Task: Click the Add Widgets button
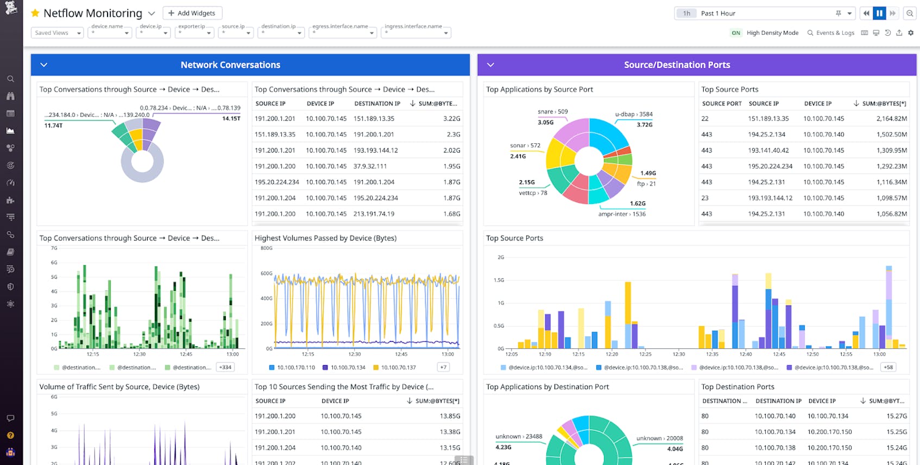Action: [192, 13]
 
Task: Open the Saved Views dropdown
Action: [57, 33]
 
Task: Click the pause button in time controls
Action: [879, 13]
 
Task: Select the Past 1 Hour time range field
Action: [766, 13]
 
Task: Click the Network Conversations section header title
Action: [230, 65]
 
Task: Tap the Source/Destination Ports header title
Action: [677, 65]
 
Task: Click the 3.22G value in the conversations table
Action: [451, 118]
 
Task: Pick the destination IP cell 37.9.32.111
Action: [370, 166]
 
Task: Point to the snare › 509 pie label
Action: [552, 112]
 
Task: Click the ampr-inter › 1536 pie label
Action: [622, 214]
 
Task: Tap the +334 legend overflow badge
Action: [225, 367]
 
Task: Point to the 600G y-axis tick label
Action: [266, 273]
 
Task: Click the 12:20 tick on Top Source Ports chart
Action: [612, 354]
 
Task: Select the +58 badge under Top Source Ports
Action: [888, 367]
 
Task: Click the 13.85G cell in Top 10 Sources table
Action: [450, 416]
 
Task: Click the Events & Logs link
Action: [831, 33]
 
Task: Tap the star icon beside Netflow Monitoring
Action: [35, 13]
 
